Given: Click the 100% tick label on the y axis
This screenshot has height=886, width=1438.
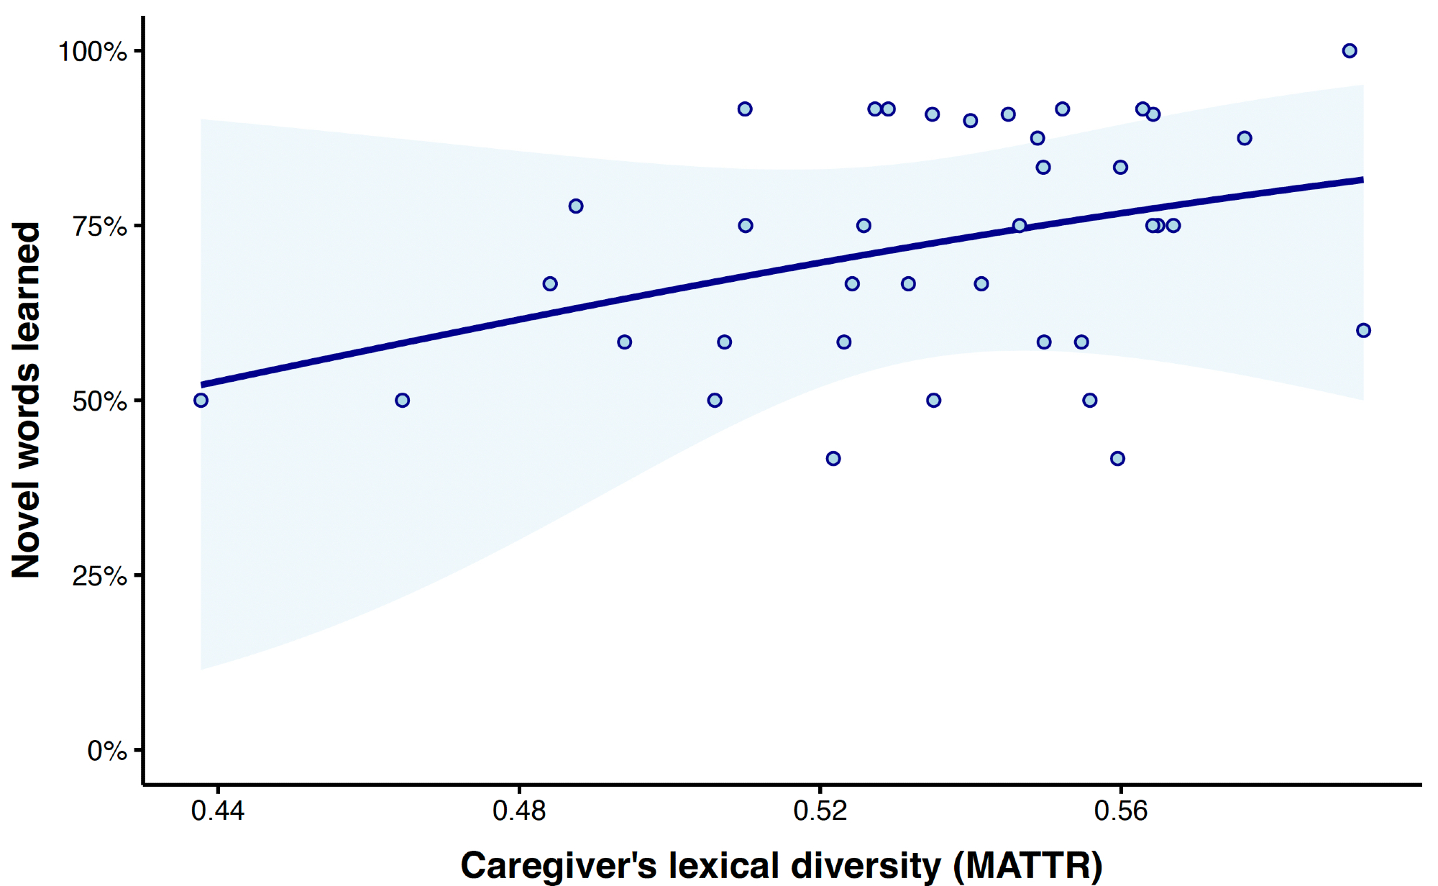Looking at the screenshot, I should coord(92,52).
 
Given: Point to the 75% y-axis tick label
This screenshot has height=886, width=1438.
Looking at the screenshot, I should coord(99,227).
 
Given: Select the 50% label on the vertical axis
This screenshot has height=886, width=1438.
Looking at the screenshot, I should coord(99,401).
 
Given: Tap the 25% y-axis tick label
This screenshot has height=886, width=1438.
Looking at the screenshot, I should coord(99,576).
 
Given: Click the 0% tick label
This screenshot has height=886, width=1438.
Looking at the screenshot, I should coord(106,751).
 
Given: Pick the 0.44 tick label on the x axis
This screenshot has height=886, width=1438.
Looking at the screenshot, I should coord(217,811).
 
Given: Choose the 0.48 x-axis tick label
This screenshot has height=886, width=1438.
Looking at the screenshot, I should coord(518,811).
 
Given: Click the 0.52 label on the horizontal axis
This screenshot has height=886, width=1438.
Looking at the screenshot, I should coord(820,811).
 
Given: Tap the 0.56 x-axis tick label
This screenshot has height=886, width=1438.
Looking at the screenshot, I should coord(1120,811).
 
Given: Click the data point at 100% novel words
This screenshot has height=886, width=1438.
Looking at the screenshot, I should coord(1350,50).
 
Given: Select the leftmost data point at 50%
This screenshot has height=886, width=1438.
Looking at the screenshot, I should coord(201,400).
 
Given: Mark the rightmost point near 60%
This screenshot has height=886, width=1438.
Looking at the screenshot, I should coord(1363,330).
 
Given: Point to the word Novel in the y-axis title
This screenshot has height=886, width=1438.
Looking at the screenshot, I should coord(27,529).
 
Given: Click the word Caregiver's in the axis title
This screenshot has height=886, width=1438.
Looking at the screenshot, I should coord(559,865).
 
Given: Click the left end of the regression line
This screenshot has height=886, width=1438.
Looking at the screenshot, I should coord(202,385).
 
